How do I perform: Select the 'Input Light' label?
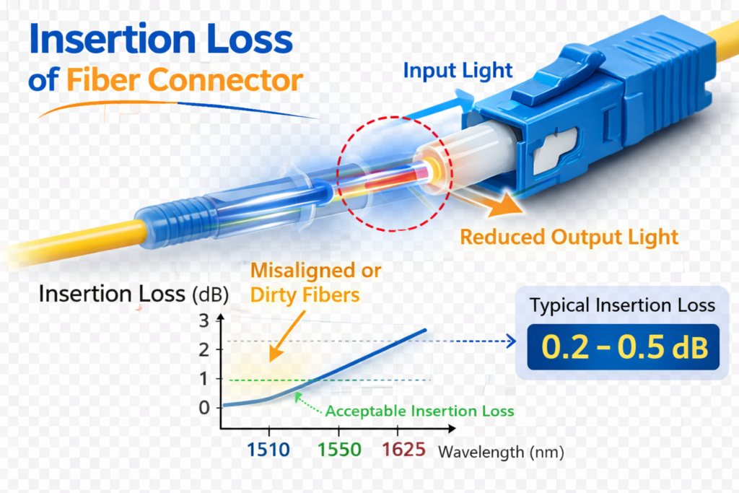pos(458,71)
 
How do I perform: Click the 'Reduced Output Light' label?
pos(569,237)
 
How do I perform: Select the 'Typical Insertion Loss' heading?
pos(623,305)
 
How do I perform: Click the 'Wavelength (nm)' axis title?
pos(501,453)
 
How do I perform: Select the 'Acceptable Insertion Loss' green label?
pos(419,411)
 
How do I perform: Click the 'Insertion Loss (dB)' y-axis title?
pos(134,295)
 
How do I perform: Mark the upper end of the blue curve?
pos(425,330)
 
